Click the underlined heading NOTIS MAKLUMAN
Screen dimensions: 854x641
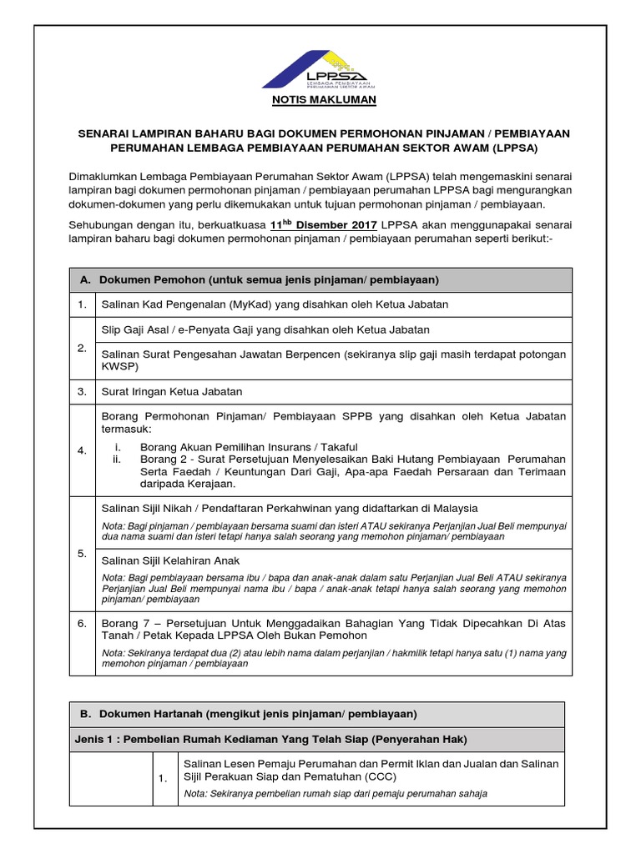(320, 101)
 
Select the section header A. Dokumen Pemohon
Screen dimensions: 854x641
(269, 279)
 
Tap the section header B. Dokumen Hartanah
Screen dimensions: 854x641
(258, 714)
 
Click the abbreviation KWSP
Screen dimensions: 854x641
(119, 366)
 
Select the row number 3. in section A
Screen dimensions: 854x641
(82, 391)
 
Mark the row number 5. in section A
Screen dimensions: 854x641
(82, 553)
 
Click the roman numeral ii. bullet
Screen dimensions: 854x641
(117, 460)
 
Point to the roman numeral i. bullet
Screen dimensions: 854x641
(118, 447)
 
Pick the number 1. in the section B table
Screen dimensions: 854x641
(164, 778)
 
